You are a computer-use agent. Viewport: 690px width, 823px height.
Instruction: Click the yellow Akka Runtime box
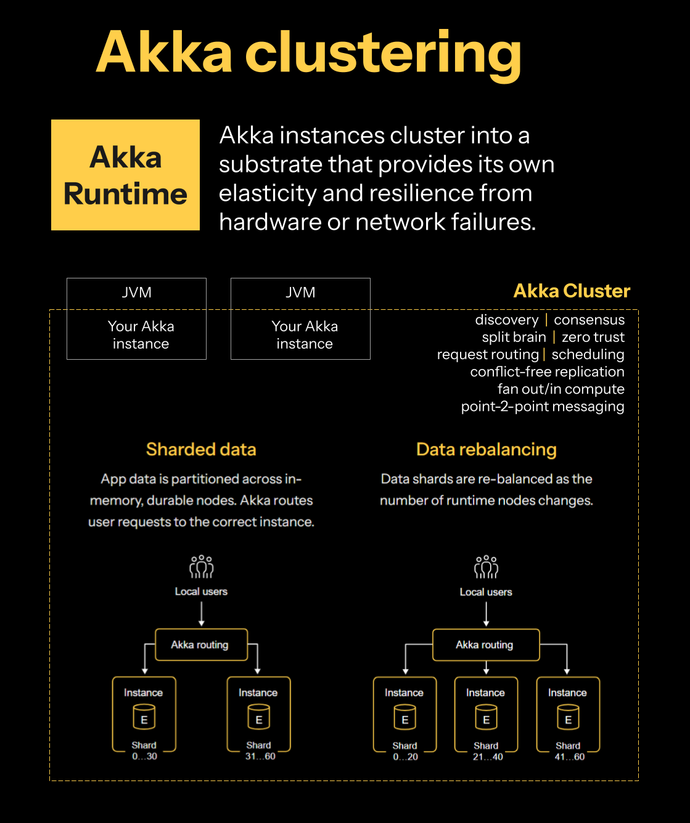tap(125, 175)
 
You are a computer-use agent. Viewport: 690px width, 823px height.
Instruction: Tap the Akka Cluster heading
tap(572, 291)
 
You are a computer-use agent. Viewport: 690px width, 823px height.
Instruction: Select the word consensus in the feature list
tap(589, 320)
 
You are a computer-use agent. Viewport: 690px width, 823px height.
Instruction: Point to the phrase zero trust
tap(593, 337)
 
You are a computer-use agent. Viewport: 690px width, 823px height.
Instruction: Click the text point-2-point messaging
tap(543, 407)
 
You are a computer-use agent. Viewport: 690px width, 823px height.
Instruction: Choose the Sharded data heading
tap(201, 450)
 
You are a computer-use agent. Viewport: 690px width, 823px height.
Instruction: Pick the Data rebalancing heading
tap(486, 450)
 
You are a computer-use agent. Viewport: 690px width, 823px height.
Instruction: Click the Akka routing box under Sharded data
tap(201, 644)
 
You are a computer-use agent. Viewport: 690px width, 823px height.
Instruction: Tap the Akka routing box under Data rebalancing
tap(485, 645)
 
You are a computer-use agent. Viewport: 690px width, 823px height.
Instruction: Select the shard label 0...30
tap(144, 756)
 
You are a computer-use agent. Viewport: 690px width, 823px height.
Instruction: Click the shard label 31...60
tap(260, 756)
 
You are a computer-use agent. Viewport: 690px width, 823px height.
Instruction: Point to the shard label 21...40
tap(487, 757)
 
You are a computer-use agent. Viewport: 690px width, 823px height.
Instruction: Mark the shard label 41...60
tap(569, 757)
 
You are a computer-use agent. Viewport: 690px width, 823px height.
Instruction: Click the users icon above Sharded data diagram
tap(202, 567)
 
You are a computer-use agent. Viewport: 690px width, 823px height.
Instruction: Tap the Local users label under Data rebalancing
tap(486, 592)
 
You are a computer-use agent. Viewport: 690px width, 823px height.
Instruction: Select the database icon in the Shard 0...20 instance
tap(405, 718)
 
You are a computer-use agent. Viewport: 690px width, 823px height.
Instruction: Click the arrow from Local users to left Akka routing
tap(202, 614)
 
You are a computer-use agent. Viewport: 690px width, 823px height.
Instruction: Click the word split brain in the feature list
tap(514, 337)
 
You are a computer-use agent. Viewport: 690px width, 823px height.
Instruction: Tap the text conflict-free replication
tap(547, 372)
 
